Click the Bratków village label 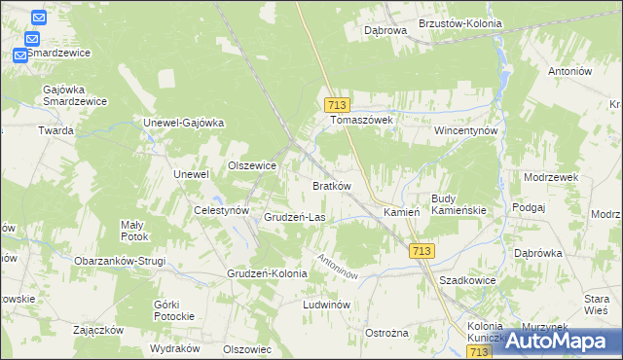[331, 185]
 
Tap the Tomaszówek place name [360, 121]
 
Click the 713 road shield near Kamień [421, 251]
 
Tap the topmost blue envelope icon [38, 18]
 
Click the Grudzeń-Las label [294, 217]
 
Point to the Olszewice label [252, 165]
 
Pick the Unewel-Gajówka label [184, 123]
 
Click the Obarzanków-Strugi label [120, 261]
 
